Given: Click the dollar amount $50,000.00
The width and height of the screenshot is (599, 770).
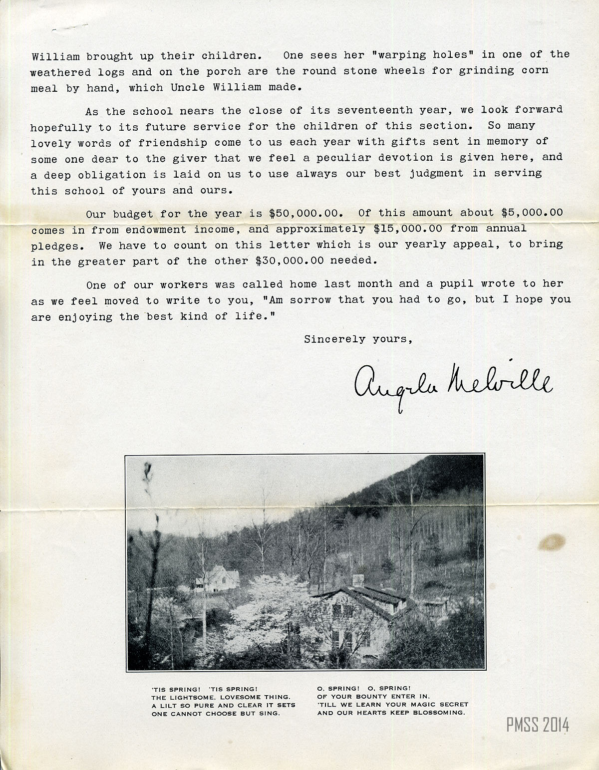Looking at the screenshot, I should point(305,213).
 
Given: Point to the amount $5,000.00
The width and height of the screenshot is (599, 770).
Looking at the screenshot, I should point(532,213).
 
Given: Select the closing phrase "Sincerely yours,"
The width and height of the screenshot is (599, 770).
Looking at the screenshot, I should point(358,339).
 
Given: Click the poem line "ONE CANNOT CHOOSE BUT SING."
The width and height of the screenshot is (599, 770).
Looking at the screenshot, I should point(216,714).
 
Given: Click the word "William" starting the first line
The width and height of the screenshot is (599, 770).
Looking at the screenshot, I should point(55,56).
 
